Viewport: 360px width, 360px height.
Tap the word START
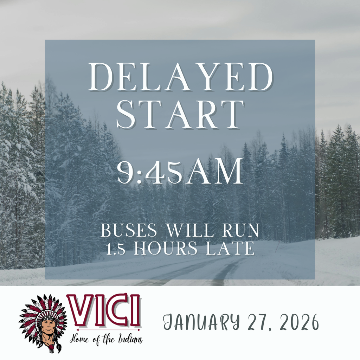[x=180, y=115]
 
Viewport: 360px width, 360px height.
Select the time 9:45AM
[x=180, y=172]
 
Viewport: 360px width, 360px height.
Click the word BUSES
[x=129, y=231]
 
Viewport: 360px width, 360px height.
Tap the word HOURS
[x=166, y=249]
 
